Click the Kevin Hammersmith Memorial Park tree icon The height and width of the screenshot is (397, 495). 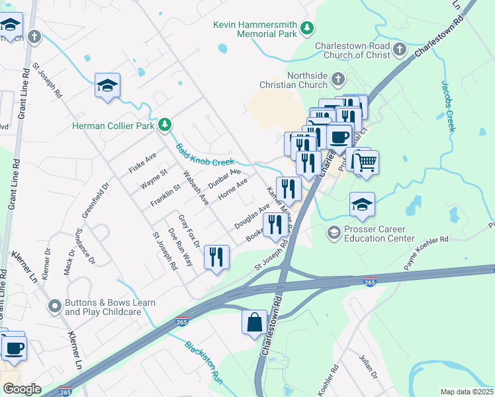click(306, 27)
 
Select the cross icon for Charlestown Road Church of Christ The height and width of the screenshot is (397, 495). click(399, 49)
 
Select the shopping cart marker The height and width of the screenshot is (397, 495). click(366, 161)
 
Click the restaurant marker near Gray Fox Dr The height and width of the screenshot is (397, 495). click(216, 257)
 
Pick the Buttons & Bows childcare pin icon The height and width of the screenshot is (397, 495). click(55, 307)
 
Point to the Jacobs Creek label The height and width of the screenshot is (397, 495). click(447, 106)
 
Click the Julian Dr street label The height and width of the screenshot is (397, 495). click(367, 367)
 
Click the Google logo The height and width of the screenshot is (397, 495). click(22, 389)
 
